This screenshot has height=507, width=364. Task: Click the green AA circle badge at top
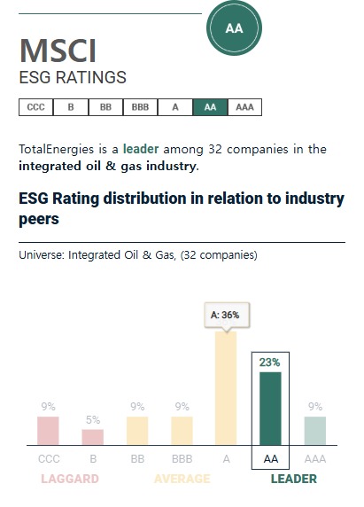(234, 28)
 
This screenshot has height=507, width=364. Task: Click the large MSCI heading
(58, 51)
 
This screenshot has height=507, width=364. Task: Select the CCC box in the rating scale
(35, 107)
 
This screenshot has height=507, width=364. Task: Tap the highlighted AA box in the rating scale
(210, 107)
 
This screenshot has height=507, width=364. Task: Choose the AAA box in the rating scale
(244, 107)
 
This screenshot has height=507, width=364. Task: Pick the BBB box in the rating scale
(140, 107)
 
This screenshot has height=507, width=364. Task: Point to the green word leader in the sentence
(141, 149)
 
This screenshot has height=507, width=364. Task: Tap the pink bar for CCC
(48, 431)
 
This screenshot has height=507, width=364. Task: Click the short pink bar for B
(93, 437)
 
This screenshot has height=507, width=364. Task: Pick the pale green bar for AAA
(314, 431)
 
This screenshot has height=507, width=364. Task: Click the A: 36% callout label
(225, 315)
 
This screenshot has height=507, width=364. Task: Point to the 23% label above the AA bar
(270, 361)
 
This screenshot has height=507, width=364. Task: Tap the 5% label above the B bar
(93, 420)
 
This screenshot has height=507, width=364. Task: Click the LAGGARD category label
(69, 480)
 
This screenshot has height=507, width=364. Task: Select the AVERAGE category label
(182, 480)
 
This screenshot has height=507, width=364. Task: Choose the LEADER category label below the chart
(293, 480)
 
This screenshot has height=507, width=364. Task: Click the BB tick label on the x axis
(137, 459)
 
